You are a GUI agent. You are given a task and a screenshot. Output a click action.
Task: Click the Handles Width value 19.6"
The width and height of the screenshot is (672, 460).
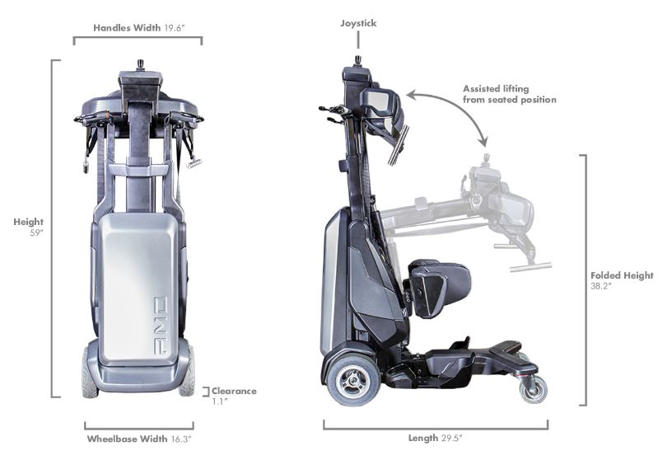point(175,28)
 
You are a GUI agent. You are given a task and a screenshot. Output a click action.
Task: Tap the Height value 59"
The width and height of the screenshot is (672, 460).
point(36,233)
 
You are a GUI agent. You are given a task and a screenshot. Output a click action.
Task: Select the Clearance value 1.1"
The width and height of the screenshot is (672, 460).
point(219,401)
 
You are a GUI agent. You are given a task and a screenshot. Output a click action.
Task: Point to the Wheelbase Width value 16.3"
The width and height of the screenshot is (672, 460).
point(181,439)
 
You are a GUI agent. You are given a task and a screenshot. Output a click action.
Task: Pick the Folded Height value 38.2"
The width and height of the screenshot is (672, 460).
point(601,286)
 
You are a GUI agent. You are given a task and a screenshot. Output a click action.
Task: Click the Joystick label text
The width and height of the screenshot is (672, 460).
point(358,23)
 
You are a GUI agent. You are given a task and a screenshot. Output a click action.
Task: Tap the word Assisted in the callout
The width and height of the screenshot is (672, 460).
point(480,89)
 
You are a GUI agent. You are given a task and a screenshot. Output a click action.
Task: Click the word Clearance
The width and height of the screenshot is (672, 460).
point(234,391)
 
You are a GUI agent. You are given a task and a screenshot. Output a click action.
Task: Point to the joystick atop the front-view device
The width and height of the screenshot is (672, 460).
point(140,65)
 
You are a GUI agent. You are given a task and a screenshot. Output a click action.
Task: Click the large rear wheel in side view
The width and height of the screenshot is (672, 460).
point(353,379)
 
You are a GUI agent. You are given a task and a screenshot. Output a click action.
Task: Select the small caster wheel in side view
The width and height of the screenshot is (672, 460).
point(533,389)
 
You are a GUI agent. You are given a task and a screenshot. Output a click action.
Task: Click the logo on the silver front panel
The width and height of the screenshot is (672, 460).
point(161,326)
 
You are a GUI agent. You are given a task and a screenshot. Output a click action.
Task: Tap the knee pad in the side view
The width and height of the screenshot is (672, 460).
point(437,288)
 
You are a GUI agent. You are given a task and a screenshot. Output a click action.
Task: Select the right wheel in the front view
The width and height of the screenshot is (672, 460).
point(187,372)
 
